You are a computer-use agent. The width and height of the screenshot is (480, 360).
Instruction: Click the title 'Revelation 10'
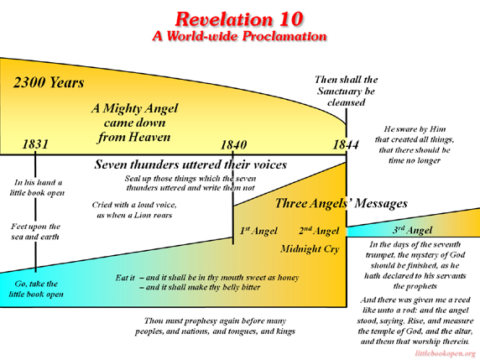point(239,19)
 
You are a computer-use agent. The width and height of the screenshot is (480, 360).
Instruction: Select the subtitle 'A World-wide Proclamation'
point(239,36)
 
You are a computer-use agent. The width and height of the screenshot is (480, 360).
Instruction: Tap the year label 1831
point(35,143)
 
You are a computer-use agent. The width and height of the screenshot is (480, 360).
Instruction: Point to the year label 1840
point(233,145)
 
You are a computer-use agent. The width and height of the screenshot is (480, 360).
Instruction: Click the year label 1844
point(346,144)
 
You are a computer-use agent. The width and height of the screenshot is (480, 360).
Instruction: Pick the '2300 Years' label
point(49,82)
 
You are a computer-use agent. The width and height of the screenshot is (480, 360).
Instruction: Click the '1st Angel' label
point(258,231)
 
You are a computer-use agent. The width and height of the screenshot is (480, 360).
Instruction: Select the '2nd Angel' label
point(319,231)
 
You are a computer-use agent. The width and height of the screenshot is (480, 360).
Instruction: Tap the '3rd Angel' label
point(412,230)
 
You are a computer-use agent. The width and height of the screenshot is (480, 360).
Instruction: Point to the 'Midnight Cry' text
point(310,248)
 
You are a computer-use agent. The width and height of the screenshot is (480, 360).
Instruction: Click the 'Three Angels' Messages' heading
point(342,203)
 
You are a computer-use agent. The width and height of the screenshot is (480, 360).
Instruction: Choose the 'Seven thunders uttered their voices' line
point(190,164)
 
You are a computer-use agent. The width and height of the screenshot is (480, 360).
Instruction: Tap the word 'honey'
point(288,278)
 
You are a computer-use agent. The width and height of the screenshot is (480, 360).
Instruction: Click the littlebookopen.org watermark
point(446,353)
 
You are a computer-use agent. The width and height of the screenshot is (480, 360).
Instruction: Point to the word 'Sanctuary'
point(339,91)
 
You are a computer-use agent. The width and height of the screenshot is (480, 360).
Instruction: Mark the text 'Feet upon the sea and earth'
point(35,232)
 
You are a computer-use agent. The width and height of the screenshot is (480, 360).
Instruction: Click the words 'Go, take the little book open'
point(36,289)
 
